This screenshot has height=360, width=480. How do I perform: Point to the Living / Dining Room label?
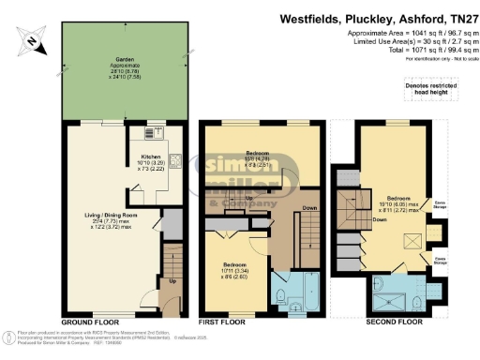pyautogui.click(x=97, y=219)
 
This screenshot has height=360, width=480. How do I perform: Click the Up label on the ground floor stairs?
pyautogui.click(x=172, y=280)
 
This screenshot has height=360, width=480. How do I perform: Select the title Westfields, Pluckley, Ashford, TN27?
pyautogui.click(x=375, y=19)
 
